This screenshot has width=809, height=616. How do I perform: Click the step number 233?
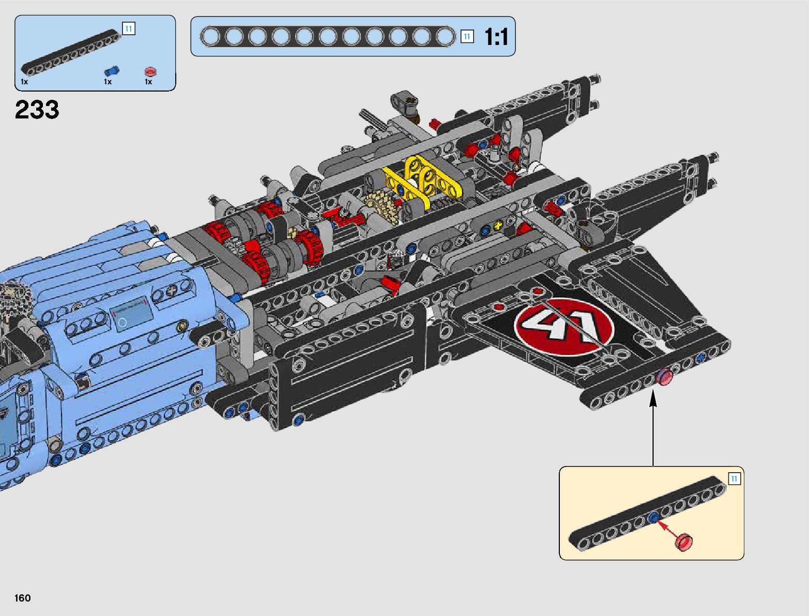[37, 110]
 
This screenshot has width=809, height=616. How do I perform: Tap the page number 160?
[22, 597]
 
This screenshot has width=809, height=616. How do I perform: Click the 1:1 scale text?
[496, 37]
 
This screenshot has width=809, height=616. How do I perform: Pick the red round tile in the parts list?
[150, 71]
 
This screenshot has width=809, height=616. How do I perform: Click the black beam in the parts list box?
[71, 52]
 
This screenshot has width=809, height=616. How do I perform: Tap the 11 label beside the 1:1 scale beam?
[467, 37]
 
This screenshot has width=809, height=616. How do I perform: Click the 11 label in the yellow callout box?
[734, 479]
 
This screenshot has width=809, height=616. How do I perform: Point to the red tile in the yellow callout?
[684, 542]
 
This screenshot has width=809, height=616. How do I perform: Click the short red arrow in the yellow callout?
[666, 528]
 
